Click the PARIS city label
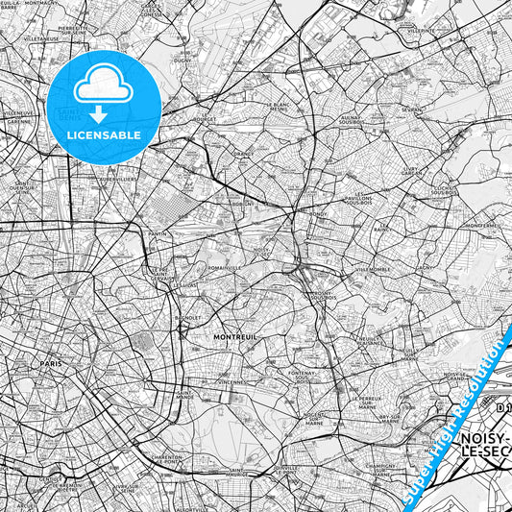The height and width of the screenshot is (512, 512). coord(51,364)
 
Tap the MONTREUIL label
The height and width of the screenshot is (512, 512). coord(232,338)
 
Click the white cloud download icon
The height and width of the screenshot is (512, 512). coord(103,88)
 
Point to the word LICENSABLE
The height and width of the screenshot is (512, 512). coord(103,134)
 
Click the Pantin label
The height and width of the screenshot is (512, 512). coord(158,233)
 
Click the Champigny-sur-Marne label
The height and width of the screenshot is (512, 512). coord(382,470)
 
